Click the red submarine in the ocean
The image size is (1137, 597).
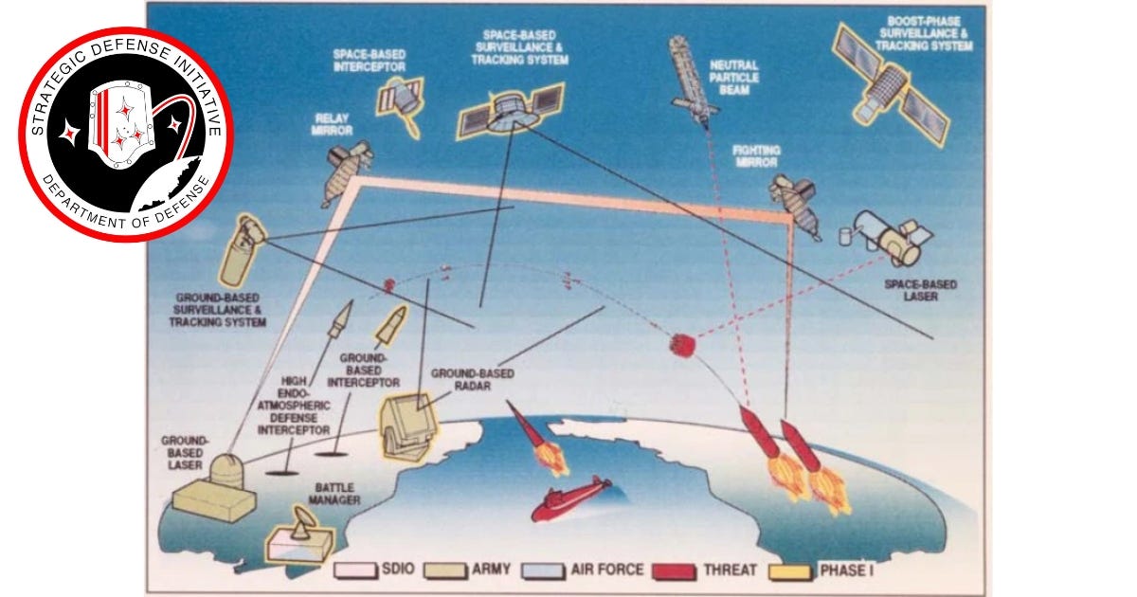571,499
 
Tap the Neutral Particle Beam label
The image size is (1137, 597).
734,78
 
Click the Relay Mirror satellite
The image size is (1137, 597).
347,172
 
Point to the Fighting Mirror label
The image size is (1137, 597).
756,156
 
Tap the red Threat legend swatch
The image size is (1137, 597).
674,570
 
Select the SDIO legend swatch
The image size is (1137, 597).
356,570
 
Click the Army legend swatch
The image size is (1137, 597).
445,570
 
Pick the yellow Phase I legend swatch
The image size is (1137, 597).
790,570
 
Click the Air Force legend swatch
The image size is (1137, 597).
543,570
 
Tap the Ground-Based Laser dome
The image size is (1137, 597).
226,471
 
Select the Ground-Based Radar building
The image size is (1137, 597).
409,426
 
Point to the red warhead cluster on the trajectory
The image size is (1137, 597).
681,346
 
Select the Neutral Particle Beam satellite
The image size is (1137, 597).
692,81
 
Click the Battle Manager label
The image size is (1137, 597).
334,494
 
